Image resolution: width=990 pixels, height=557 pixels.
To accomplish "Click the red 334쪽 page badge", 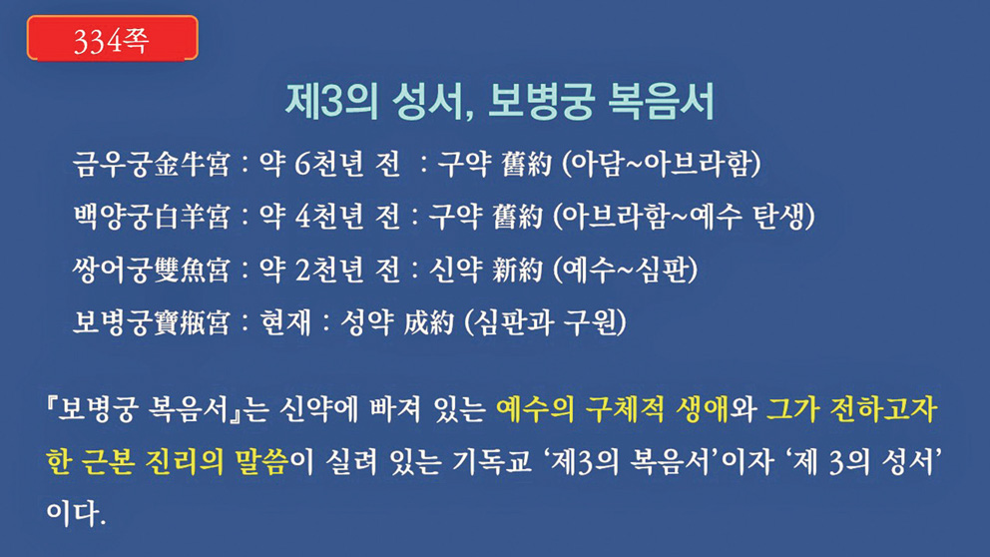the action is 113,38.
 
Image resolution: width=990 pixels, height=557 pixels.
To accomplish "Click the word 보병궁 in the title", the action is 541,101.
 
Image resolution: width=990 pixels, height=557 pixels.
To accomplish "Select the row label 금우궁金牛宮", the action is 151,164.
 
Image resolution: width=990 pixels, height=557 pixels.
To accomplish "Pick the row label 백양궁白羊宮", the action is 151,217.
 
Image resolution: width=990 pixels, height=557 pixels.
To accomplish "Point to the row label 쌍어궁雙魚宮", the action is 151,270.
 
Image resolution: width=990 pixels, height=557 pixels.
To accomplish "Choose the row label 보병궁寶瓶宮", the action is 151,322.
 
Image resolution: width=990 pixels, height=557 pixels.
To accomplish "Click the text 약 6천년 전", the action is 329,164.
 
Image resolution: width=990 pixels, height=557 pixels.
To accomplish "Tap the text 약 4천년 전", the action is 329,217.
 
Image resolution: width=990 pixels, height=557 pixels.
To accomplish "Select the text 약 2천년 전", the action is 329,270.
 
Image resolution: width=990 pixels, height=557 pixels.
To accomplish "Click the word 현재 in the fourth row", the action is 286,322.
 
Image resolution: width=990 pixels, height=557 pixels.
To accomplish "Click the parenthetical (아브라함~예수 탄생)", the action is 684,217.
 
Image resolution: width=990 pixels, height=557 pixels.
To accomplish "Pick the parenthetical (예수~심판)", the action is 625,270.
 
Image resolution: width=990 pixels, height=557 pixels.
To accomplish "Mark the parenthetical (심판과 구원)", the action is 546,322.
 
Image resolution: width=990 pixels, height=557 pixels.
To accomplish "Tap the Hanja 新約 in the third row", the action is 517,270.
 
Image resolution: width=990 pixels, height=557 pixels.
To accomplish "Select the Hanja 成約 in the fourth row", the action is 429,322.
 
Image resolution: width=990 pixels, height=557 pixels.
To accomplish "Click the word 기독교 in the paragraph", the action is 492,461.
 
